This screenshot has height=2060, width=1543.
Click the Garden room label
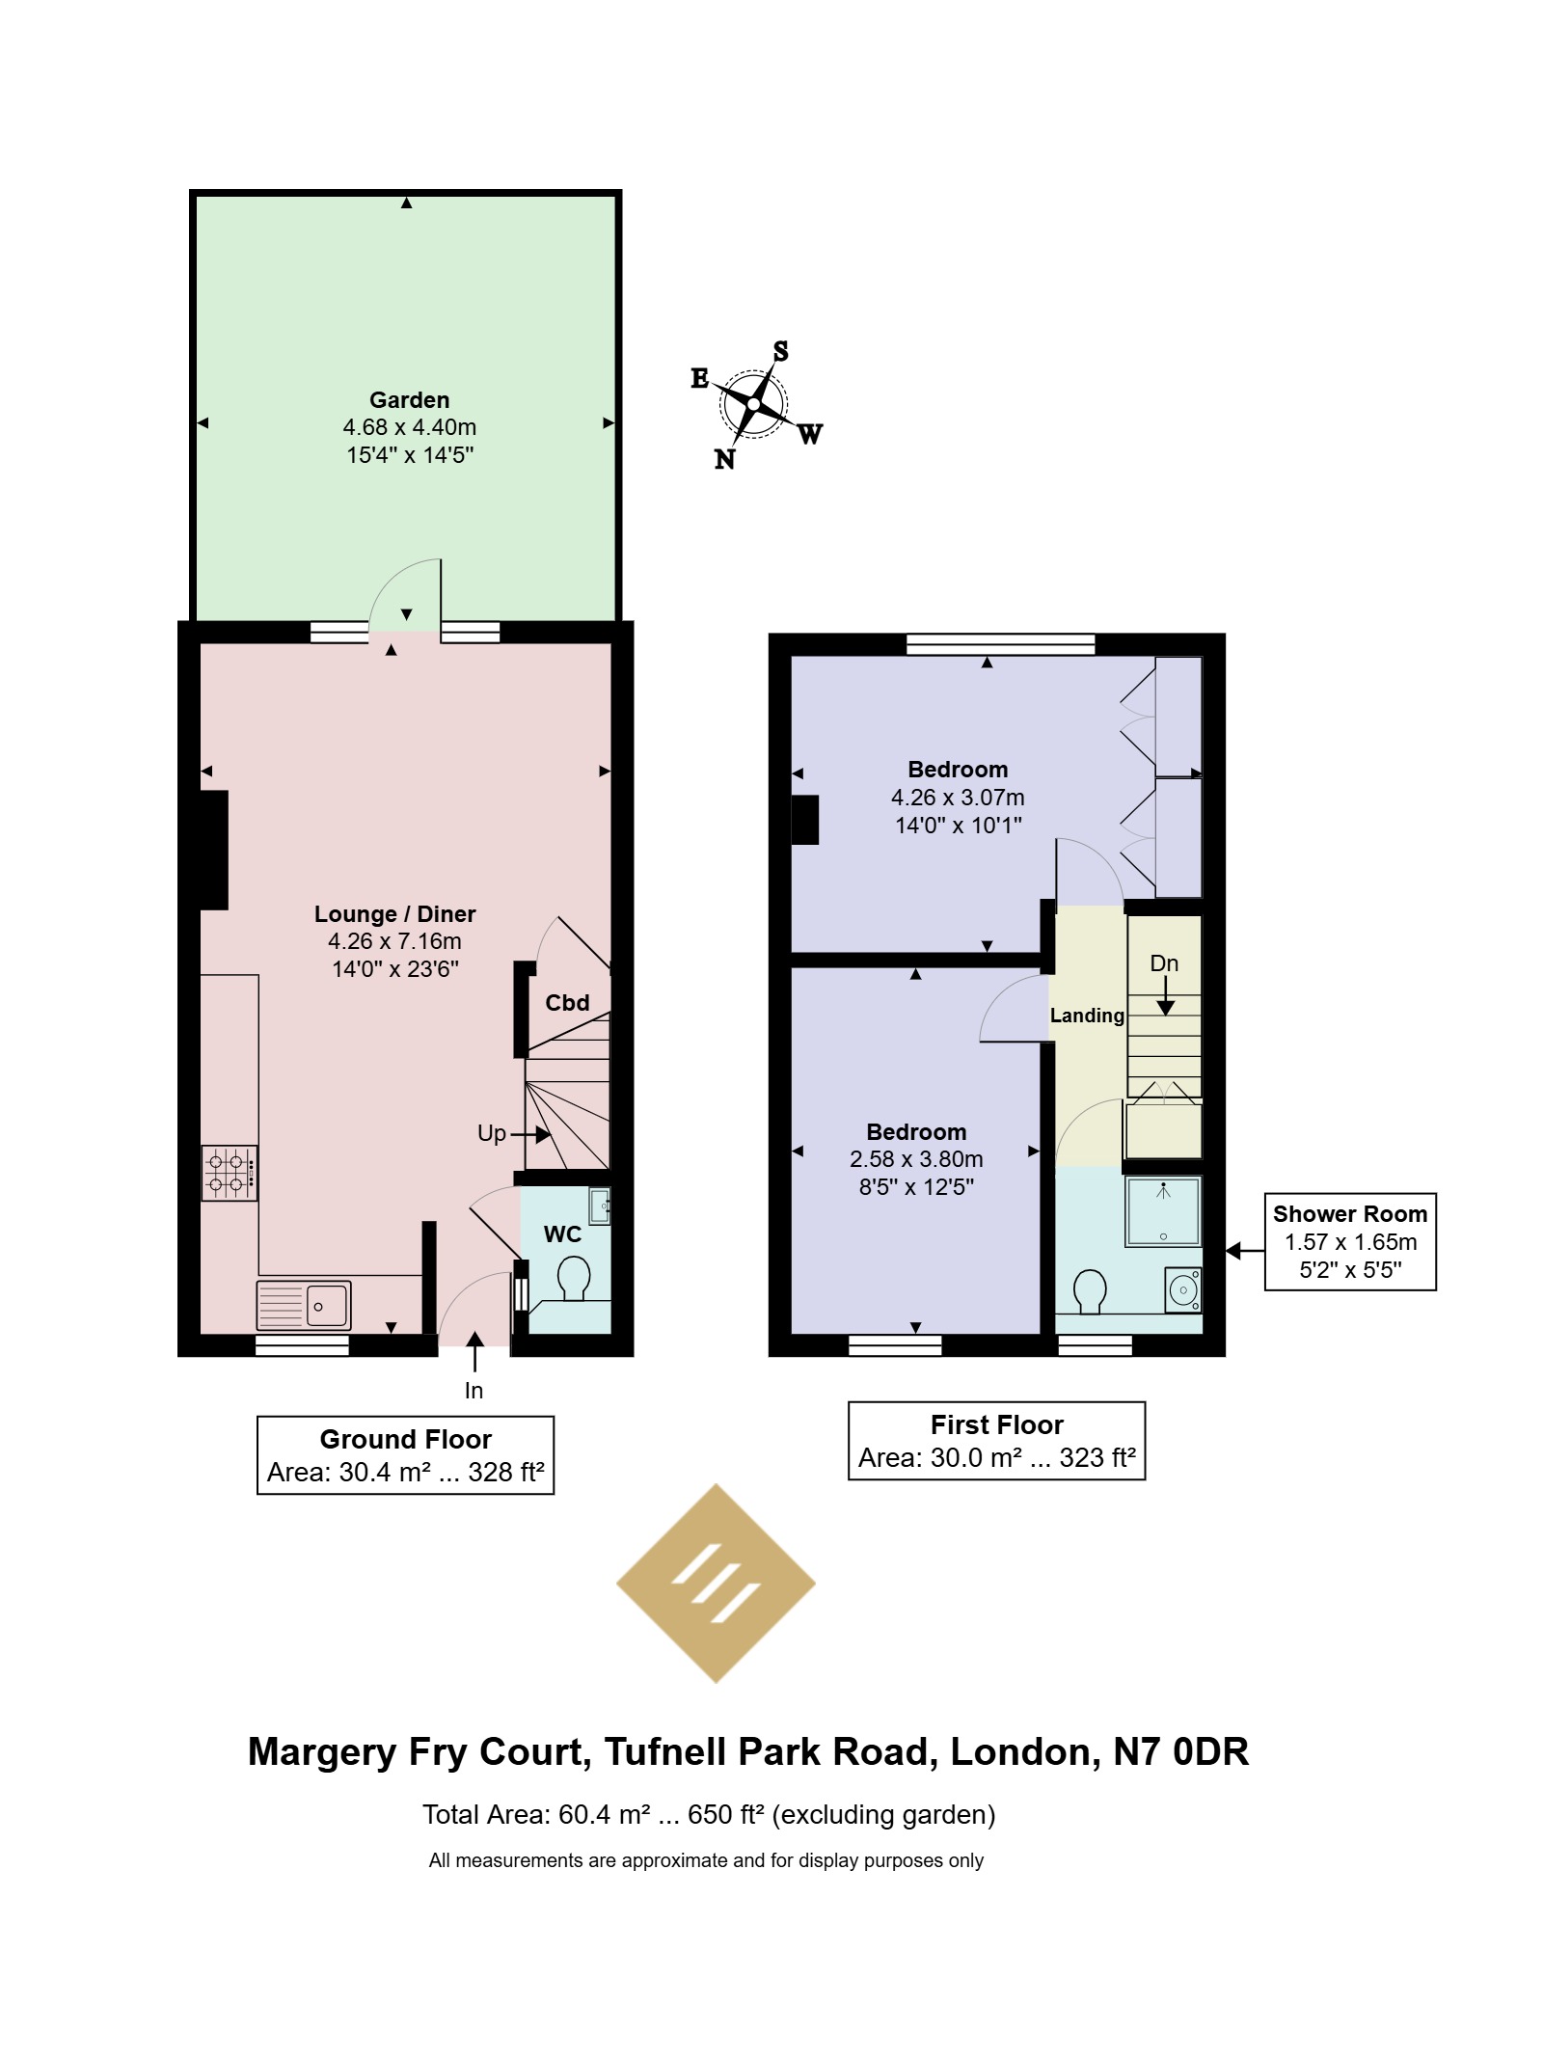click(409, 400)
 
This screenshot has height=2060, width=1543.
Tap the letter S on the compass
click(780, 352)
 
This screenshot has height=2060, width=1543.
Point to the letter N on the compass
click(724, 460)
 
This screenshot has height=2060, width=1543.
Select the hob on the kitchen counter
click(230, 1173)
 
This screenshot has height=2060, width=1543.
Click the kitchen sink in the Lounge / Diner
click(304, 1305)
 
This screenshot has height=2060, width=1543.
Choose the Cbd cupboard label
click(567, 1003)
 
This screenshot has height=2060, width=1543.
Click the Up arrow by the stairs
click(529, 1135)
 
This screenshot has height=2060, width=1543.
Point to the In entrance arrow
click(474, 1351)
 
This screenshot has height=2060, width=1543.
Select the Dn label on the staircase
click(1164, 963)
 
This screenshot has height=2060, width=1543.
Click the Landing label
click(1087, 1016)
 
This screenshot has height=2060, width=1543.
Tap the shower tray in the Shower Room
click(1164, 1210)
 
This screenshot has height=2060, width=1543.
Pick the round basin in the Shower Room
click(1183, 1289)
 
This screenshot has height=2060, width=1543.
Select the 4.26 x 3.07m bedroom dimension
click(958, 798)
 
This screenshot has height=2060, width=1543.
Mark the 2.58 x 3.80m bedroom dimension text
click(916, 1159)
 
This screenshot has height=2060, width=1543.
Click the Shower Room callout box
click(1350, 1242)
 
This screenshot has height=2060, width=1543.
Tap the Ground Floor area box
click(405, 1455)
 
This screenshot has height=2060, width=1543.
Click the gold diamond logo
click(716, 1585)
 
